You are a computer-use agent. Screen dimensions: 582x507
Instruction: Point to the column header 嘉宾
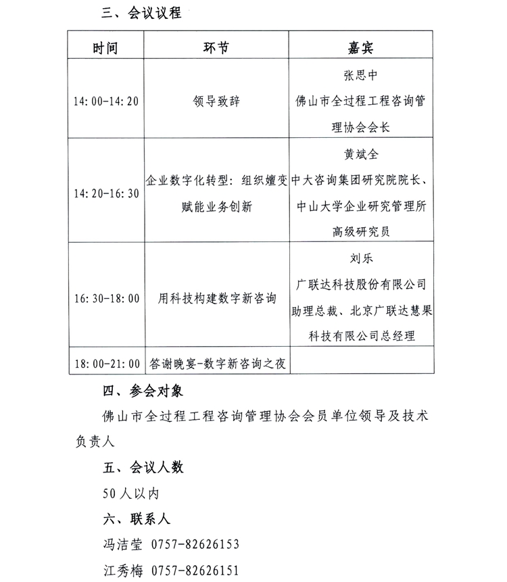pyautogui.click(x=360, y=47)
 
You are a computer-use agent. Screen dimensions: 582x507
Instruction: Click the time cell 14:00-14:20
pyautogui.click(x=106, y=101)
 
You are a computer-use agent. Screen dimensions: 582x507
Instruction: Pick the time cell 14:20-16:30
pyautogui.click(x=106, y=193)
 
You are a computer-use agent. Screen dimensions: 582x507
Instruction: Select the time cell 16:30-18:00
pyautogui.click(x=106, y=298)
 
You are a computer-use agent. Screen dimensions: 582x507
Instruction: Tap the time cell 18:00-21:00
pyautogui.click(x=106, y=364)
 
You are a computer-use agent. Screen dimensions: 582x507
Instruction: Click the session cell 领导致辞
pyautogui.click(x=216, y=101)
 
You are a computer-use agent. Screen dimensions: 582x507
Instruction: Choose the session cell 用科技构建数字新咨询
pyautogui.click(x=216, y=298)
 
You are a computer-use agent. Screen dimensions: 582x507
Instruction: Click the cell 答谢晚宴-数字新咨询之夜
pyautogui.click(x=216, y=364)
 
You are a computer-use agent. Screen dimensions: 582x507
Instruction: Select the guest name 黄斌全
pyautogui.click(x=360, y=155)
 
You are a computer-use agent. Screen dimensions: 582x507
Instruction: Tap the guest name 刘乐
pyautogui.click(x=360, y=259)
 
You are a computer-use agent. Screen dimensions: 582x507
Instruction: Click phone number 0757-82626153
pyautogui.click(x=195, y=544)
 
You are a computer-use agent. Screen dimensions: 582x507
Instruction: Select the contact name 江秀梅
pyautogui.click(x=118, y=570)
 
